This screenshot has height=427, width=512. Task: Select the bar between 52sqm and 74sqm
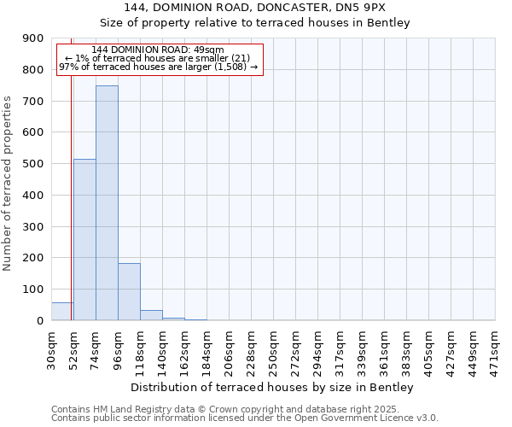tap(84, 240)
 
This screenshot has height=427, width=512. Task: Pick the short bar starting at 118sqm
tap(151, 315)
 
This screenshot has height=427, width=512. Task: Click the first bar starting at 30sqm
tap(61, 312)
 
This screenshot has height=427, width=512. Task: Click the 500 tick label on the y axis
tap(33, 164)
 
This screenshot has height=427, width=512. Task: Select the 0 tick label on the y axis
tap(39, 320)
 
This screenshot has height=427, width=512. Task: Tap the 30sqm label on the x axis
tap(52, 349)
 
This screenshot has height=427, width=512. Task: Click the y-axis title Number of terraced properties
tap(8, 183)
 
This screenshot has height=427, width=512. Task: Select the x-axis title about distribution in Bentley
tap(273, 387)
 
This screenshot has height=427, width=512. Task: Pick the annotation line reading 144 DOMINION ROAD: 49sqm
tap(158, 50)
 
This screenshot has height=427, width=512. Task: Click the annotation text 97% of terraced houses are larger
tap(158, 67)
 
